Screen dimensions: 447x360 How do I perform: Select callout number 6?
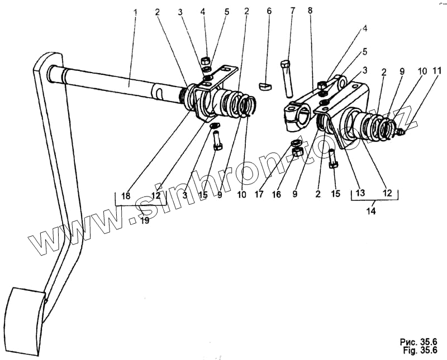click(x=268, y=11)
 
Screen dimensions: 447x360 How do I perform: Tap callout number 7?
click(x=292, y=11)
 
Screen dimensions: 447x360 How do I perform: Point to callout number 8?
click(x=310, y=11)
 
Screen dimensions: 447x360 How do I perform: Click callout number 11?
click(x=438, y=71)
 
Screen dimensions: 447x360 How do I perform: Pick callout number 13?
click(x=360, y=193)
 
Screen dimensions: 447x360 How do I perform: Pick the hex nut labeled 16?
click(x=298, y=152)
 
